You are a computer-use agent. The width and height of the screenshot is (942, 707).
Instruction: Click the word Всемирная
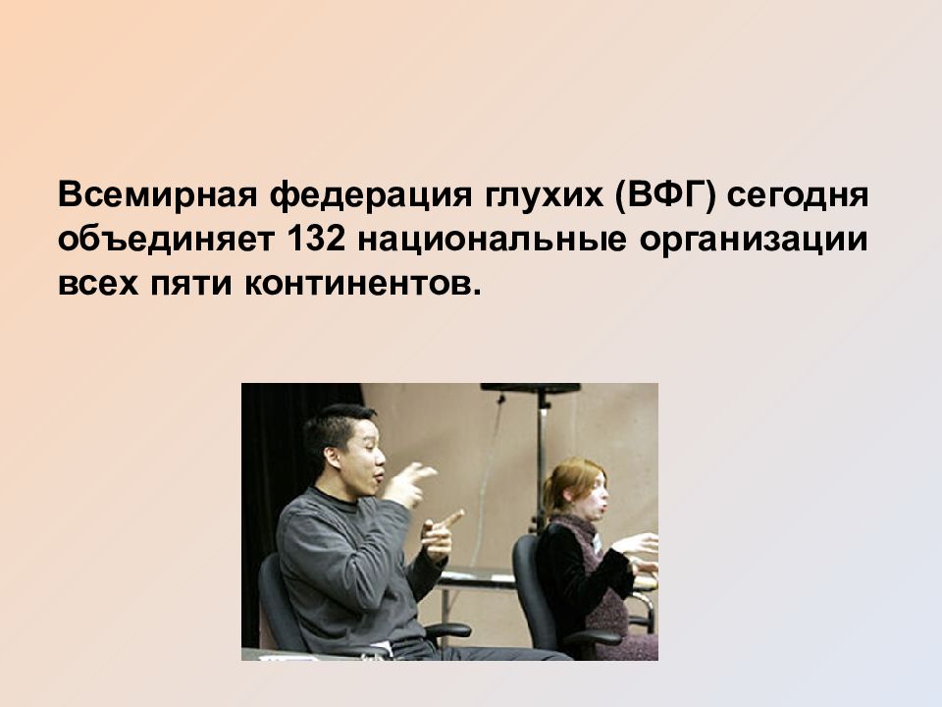pyautogui.click(x=157, y=194)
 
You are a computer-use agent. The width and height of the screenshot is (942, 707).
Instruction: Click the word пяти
pyautogui.click(x=191, y=284)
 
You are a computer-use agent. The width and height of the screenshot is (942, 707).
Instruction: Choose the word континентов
pyautogui.click(x=363, y=284)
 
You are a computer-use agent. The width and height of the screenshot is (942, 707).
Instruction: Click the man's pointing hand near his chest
pyautogui.click(x=443, y=535)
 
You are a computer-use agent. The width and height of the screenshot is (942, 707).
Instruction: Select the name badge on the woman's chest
pyautogui.click(x=597, y=545)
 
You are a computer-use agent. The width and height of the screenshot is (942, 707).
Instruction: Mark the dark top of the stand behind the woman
pyautogui.click(x=531, y=388)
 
